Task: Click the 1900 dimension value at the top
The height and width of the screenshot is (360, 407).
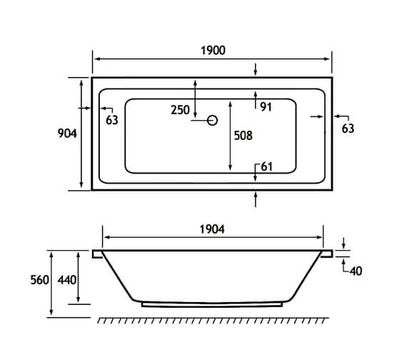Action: click(x=213, y=50)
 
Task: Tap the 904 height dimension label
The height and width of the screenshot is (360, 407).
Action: click(x=68, y=134)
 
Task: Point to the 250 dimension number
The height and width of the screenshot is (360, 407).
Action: click(x=180, y=110)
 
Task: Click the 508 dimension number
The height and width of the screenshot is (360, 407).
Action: click(x=243, y=135)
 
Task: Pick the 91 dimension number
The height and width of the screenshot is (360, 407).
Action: click(x=266, y=107)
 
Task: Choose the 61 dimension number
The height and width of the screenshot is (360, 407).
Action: click(x=266, y=166)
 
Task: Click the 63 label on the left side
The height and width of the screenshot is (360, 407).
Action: click(x=111, y=120)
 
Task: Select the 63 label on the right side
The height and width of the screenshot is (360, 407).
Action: click(x=348, y=129)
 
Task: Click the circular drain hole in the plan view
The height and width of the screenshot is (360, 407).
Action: click(x=211, y=121)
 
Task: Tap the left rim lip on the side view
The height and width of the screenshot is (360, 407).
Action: click(x=98, y=253)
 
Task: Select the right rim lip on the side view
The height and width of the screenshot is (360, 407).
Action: click(x=328, y=253)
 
